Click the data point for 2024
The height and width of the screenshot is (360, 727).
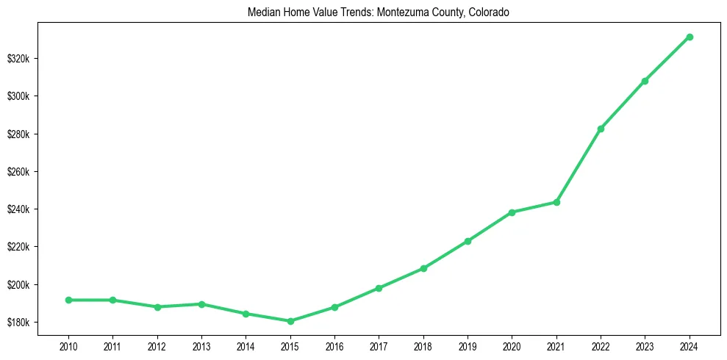[690, 37]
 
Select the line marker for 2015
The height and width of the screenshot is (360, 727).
[290, 321]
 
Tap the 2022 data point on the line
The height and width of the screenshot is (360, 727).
[601, 129]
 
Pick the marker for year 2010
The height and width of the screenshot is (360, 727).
[68, 300]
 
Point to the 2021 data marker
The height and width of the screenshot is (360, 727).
[556, 202]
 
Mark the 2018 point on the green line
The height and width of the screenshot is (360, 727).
[423, 268]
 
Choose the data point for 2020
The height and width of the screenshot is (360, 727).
[512, 212]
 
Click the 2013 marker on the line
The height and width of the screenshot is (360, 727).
[201, 304]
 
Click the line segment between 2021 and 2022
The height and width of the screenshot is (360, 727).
[579, 165]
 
